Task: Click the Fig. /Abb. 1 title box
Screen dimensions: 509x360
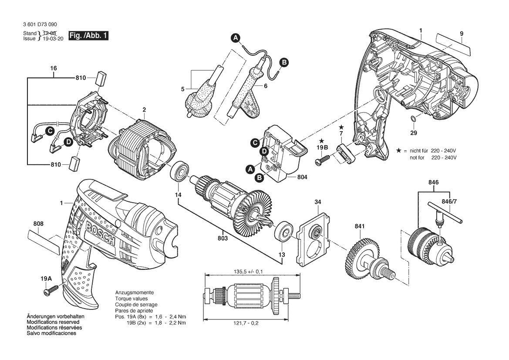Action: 88,36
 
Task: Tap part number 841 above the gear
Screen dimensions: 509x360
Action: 360,226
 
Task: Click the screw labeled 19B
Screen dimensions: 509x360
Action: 322,159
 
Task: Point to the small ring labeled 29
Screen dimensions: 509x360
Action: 413,119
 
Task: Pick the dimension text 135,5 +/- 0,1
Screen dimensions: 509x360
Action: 248,272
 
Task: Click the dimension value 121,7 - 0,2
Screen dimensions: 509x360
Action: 246,323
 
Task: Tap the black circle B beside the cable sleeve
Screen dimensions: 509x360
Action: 284,62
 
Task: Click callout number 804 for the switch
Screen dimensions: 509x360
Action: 302,177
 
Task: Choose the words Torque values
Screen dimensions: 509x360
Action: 131,299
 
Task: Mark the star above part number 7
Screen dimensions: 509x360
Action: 341,126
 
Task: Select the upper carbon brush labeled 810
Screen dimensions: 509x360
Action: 101,78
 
